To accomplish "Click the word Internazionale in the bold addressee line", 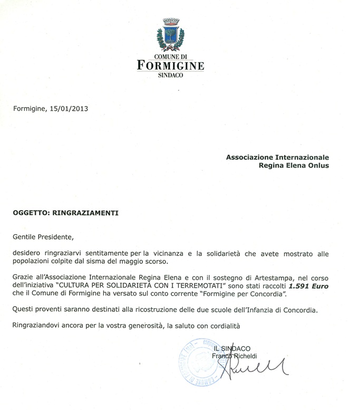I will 299,157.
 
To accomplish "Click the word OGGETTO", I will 31,213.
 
